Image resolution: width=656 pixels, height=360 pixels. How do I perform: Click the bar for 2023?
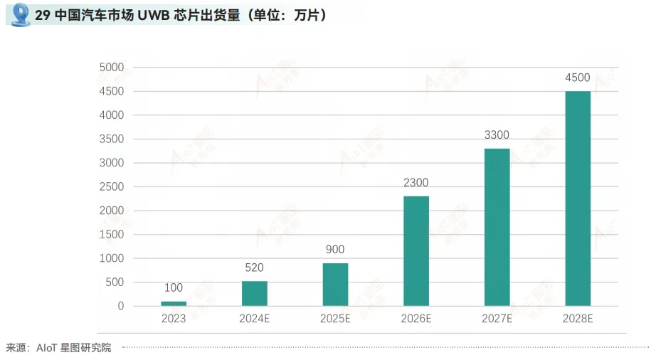click(174, 304)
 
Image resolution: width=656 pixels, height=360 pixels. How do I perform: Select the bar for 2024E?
click(255, 293)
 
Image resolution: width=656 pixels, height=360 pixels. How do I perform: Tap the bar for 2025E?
click(335, 285)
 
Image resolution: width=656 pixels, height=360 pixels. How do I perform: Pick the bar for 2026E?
click(416, 251)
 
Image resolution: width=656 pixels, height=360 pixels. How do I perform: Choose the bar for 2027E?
click(497, 227)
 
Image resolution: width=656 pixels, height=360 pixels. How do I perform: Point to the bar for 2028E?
click(578, 198)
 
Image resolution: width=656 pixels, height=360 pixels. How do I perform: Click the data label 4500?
click(578, 78)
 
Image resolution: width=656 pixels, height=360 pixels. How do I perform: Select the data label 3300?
click(497, 135)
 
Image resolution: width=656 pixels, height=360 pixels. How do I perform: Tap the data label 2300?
click(416, 183)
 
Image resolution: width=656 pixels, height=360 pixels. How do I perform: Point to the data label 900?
click(335, 250)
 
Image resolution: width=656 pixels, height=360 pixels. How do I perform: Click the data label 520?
click(255, 268)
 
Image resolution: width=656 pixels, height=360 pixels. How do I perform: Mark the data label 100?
click(174, 288)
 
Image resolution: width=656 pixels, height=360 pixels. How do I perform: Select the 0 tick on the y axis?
click(121, 307)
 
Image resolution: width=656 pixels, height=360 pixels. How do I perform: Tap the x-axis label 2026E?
click(416, 319)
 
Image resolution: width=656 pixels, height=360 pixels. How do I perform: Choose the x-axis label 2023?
click(174, 319)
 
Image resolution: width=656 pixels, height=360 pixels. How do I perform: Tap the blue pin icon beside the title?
click(20, 14)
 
